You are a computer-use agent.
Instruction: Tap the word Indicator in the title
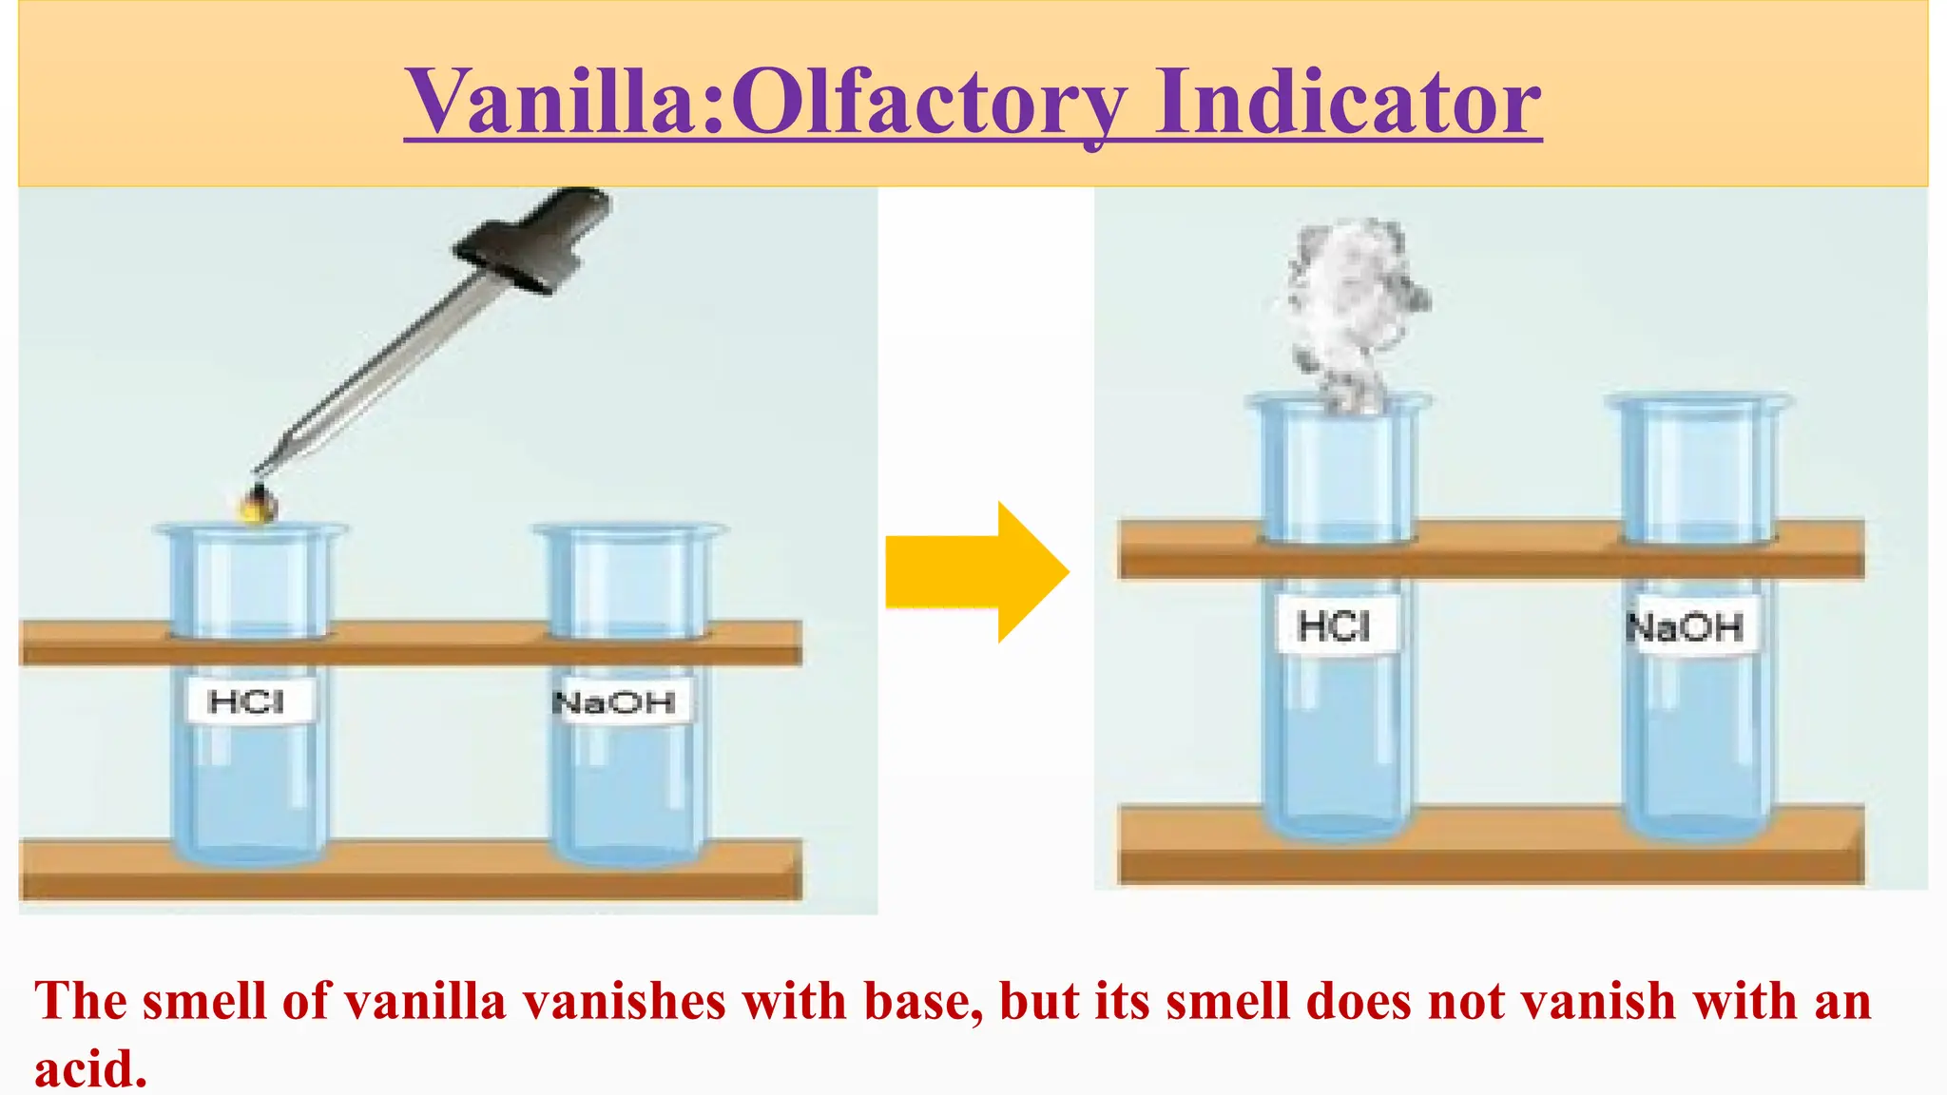pyautogui.click(x=1348, y=102)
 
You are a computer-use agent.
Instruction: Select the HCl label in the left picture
pyautogui.click(x=246, y=702)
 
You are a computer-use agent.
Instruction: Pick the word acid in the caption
pyautogui.click(x=90, y=1069)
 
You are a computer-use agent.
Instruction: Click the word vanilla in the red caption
pyautogui.click(x=425, y=1002)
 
